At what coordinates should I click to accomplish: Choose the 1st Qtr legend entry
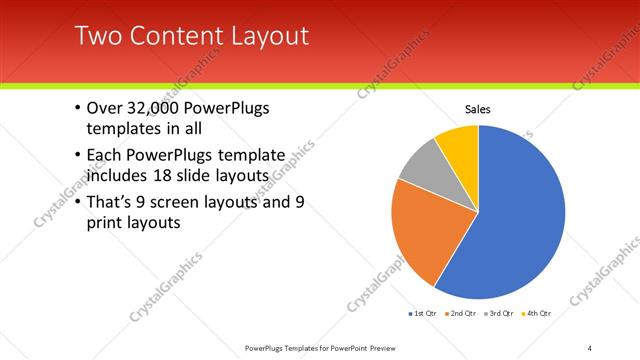[421, 313]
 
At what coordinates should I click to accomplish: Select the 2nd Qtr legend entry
[459, 313]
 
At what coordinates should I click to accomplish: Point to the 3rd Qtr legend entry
[497, 313]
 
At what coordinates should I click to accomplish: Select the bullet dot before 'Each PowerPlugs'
[78, 156]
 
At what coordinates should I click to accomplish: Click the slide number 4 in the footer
[589, 347]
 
